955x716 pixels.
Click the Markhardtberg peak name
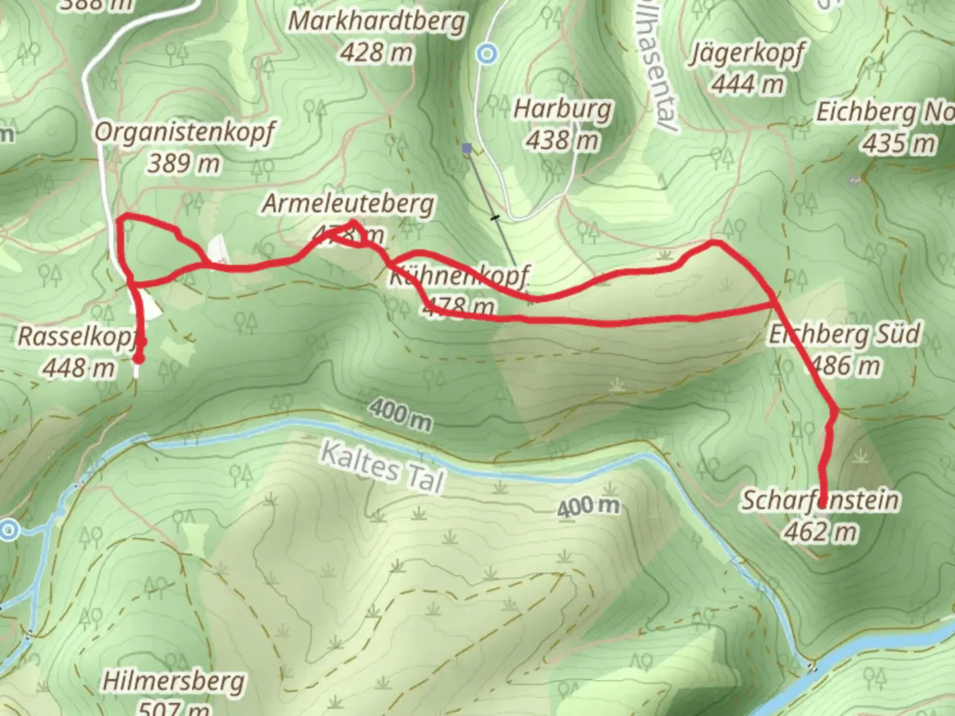coord(377,22)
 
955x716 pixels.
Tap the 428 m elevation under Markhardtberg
coord(377,52)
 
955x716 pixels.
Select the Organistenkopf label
coord(184,133)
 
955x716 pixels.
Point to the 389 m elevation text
coord(184,162)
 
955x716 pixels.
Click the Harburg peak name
coord(562,109)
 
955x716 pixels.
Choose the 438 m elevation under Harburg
coord(562,140)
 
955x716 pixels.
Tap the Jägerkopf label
coord(747,53)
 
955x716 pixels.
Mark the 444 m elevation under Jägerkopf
coord(747,84)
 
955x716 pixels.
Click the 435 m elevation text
coord(899,143)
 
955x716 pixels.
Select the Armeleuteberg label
coord(348,204)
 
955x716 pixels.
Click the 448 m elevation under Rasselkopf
coord(78,367)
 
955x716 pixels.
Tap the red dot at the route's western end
coord(139,359)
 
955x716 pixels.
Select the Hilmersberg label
coord(173,682)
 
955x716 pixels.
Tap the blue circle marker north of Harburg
coord(489,53)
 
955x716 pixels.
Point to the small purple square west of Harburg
coord(467,149)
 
